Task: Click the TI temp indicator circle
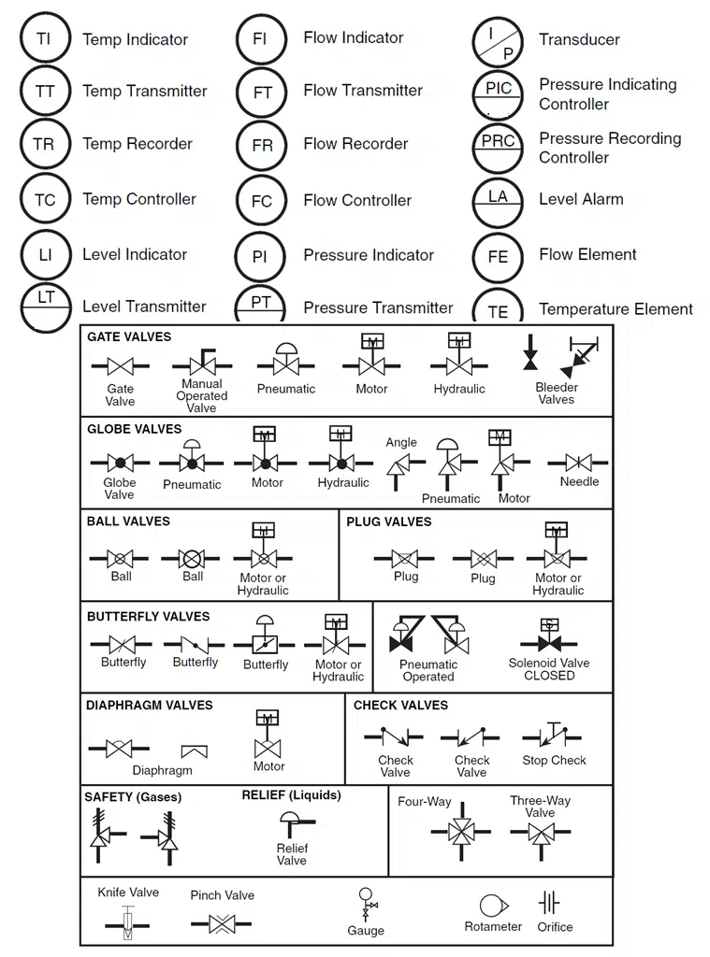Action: pos(44,39)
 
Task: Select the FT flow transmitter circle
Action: pos(262,93)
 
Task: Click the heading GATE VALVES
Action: pos(129,336)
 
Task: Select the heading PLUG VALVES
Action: pos(389,521)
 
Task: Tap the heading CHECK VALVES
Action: pos(400,706)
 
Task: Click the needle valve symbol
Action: pos(579,462)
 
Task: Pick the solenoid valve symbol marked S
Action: pos(550,638)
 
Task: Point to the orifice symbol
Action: pos(549,903)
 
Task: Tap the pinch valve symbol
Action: pos(222,924)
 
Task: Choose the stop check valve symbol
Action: pos(554,736)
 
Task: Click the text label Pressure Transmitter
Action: pos(378,307)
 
